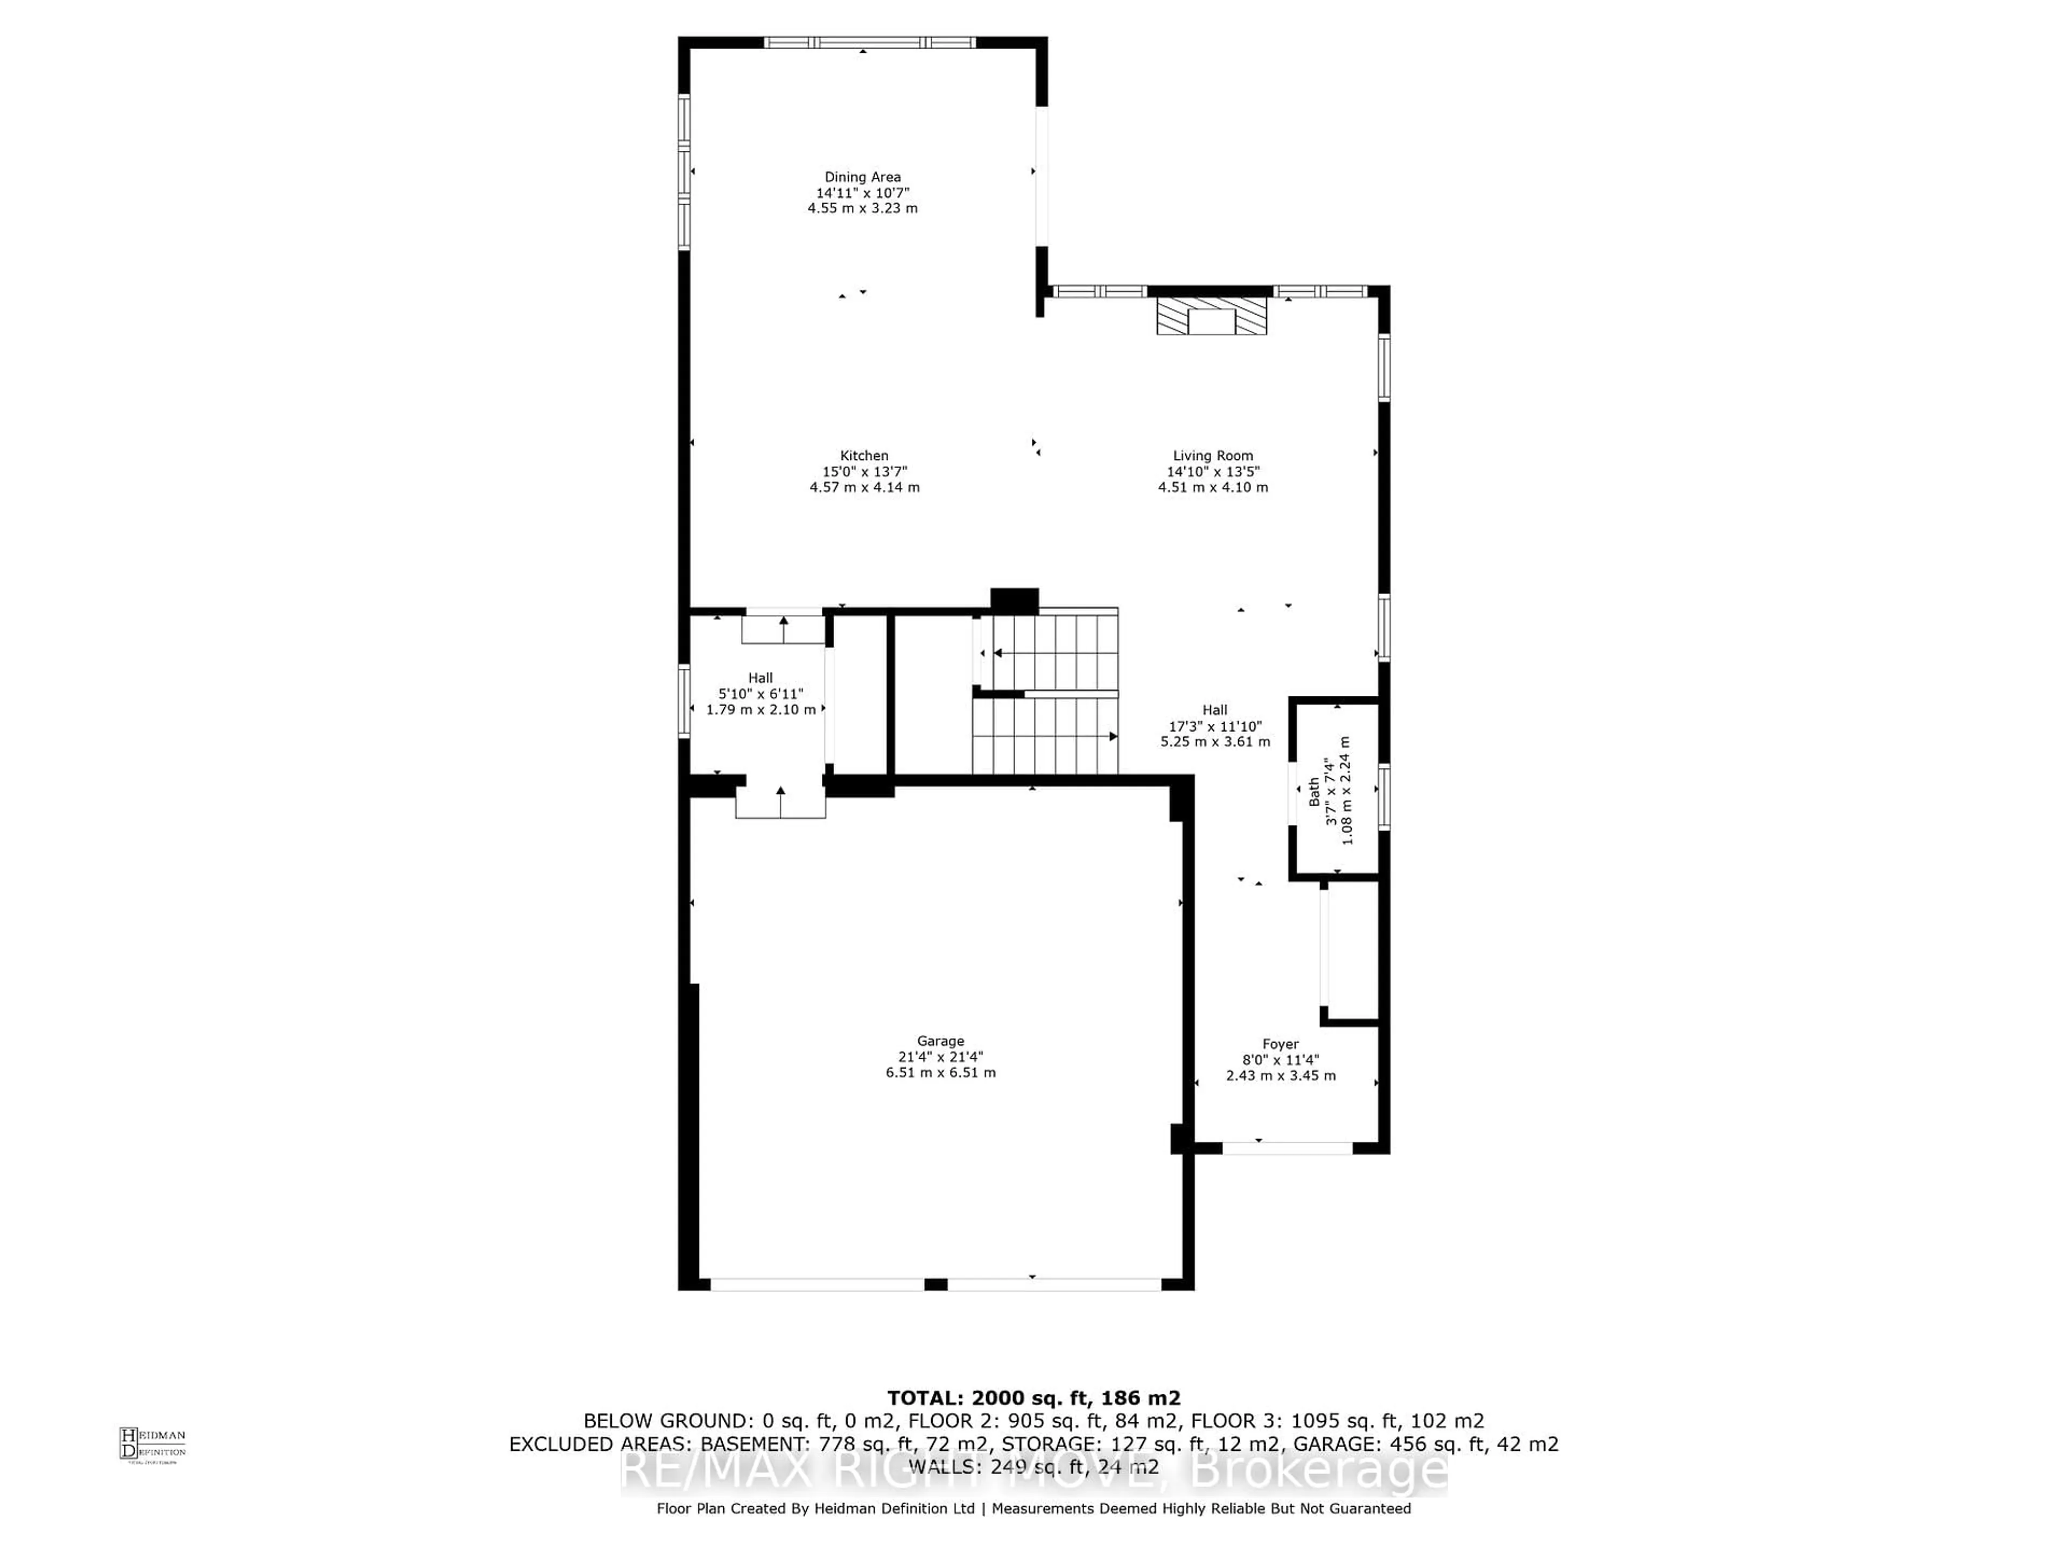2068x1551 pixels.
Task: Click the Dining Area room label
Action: click(862, 177)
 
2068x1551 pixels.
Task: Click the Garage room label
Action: click(940, 1040)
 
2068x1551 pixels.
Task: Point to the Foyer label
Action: click(1280, 1044)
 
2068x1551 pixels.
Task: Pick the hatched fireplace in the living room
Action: click(1212, 316)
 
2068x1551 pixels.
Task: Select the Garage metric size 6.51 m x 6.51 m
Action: click(940, 1072)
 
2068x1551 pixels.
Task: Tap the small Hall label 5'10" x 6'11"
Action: click(760, 694)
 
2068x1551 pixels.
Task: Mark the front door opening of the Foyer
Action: click(1287, 1147)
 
